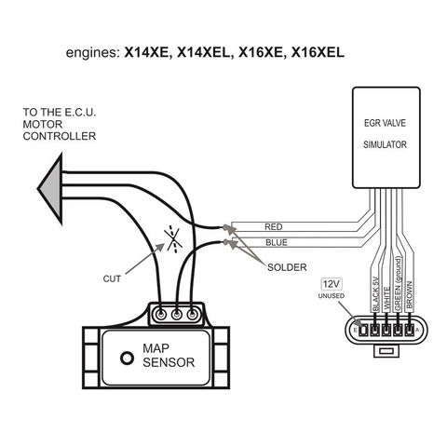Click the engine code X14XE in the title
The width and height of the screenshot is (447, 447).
pos(148,52)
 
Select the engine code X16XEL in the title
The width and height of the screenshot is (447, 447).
pos(318,52)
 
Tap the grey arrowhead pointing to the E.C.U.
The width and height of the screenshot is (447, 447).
pos(50,188)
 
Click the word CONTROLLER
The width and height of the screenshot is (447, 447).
pos(60,136)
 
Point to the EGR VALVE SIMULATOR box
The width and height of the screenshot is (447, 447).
pos(386,138)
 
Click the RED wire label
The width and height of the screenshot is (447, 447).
pos(274,227)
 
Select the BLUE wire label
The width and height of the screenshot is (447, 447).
pos(277,242)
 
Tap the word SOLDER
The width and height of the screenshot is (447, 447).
pos(287,267)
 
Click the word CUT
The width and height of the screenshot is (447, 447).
pos(112,278)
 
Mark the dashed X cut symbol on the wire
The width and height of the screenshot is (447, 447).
pos(174,239)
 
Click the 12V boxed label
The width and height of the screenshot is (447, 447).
pos(332,284)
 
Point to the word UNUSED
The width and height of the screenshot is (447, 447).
pos(332,296)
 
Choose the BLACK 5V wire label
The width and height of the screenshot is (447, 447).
pos(375,293)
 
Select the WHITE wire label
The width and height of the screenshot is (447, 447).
pos(386,298)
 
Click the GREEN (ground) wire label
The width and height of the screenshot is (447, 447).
pos(398,283)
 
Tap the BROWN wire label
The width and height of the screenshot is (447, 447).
pos(409,294)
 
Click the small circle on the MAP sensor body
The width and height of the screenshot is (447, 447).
pos(127,358)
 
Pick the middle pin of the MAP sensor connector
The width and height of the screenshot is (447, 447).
pos(177,315)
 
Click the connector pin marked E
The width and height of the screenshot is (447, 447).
pos(362,330)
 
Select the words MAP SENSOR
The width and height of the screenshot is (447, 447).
pos(169,356)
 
